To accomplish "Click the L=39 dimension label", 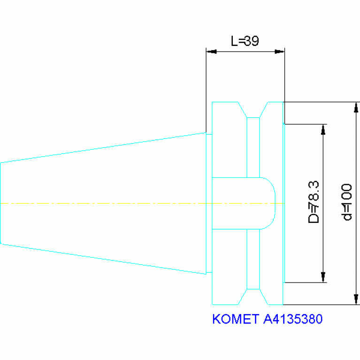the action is pyautogui.click(x=245, y=41).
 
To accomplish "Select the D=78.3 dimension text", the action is pyautogui.click(x=314, y=202).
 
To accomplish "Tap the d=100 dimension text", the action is pyautogui.click(x=346, y=202).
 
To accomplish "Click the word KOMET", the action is pyautogui.click(x=236, y=319).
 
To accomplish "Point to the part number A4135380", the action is pyautogui.click(x=293, y=319).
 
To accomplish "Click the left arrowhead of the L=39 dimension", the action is pyautogui.click(x=211, y=52).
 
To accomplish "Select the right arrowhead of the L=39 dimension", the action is pyautogui.click(x=280, y=52).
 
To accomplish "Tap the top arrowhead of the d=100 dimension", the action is pyautogui.click(x=356, y=107).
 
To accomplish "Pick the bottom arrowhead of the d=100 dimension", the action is pyautogui.click(x=356, y=299).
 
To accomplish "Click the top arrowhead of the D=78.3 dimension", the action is pyautogui.click(x=323, y=130).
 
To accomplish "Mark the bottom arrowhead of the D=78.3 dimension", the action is pyautogui.click(x=323, y=277).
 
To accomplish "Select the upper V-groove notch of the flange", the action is pyautogui.click(x=253, y=110).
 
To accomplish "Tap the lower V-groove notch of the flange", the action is pyautogui.click(x=253, y=297).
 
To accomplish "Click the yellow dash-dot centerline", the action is pyautogui.click(x=142, y=203).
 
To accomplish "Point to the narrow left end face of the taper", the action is pyautogui.click(x=0, y=203).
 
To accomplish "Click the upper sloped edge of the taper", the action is pyautogui.click(x=103, y=148).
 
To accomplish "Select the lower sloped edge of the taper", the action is pyautogui.click(x=103, y=259).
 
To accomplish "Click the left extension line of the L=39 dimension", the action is pyautogui.click(x=206, y=90).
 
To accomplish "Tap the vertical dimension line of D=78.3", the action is pyautogui.click(x=323, y=203).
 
